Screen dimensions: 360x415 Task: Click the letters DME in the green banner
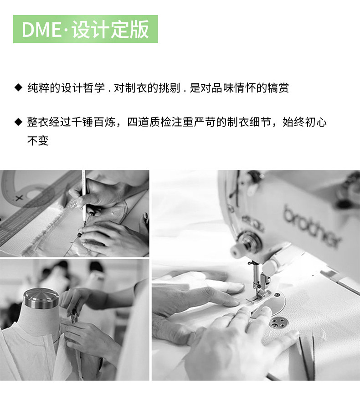(41, 29)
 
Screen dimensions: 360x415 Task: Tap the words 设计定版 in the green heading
(110, 29)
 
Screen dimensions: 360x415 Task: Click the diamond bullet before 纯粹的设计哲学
(18, 87)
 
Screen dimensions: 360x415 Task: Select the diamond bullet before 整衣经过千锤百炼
(18, 122)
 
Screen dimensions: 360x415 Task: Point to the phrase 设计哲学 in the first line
(83, 88)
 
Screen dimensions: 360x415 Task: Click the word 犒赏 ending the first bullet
(278, 88)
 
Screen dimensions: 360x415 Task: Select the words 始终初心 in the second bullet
(305, 122)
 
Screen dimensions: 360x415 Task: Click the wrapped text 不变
(38, 141)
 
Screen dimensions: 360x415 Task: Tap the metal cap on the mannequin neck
(41, 298)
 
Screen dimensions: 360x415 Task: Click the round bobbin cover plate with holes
(278, 323)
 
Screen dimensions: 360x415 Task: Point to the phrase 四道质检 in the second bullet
(149, 122)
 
